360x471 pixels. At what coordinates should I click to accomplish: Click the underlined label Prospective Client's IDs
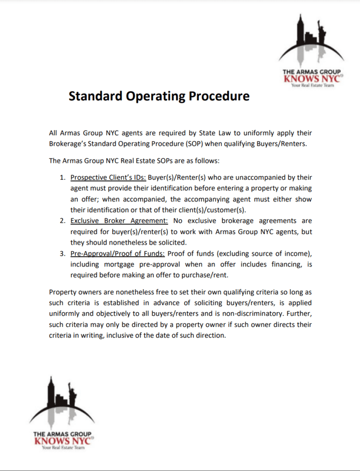(108, 178)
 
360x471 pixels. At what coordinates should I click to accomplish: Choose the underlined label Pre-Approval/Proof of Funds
(118, 253)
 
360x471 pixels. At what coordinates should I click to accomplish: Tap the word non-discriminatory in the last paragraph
(262, 314)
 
